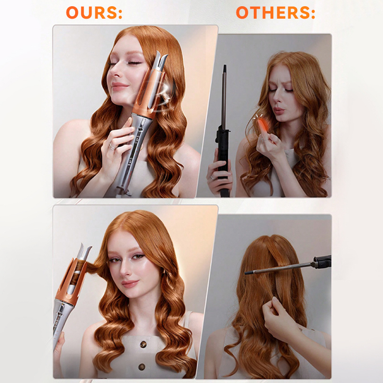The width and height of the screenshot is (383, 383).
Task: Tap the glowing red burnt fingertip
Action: pos(262,125)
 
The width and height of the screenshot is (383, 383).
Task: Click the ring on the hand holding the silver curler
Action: pos(112,147)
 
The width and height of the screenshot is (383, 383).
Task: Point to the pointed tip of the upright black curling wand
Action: pos(225,66)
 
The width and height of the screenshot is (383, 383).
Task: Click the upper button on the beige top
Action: pos(143,344)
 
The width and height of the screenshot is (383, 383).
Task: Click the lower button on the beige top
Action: pos(142,367)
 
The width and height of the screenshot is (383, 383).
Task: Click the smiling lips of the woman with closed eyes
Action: pos(120,86)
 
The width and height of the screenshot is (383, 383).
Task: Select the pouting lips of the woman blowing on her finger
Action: pos(279,111)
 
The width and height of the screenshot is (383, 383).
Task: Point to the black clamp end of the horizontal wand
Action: pos(322,261)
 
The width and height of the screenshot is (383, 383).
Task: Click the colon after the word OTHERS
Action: pos(313,13)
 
